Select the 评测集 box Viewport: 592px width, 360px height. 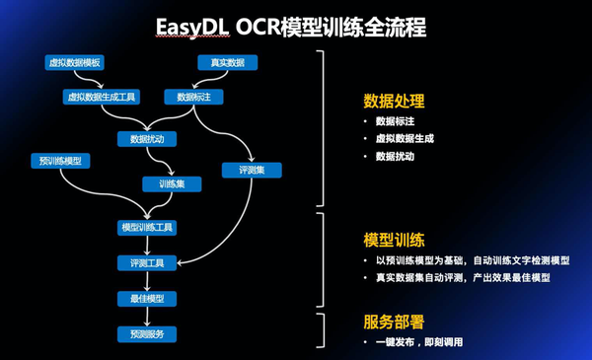click(x=252, y=171)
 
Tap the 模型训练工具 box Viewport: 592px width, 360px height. click(x=148, y=228)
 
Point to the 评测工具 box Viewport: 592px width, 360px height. click(x=148, y=262)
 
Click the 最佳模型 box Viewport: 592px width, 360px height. click(x=148, y=298)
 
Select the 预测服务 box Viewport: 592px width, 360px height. click(x=148, y=332)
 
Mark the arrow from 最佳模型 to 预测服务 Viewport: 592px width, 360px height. click(x=148, y=316)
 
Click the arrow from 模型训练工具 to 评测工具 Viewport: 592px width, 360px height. click(x=148, y=246)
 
